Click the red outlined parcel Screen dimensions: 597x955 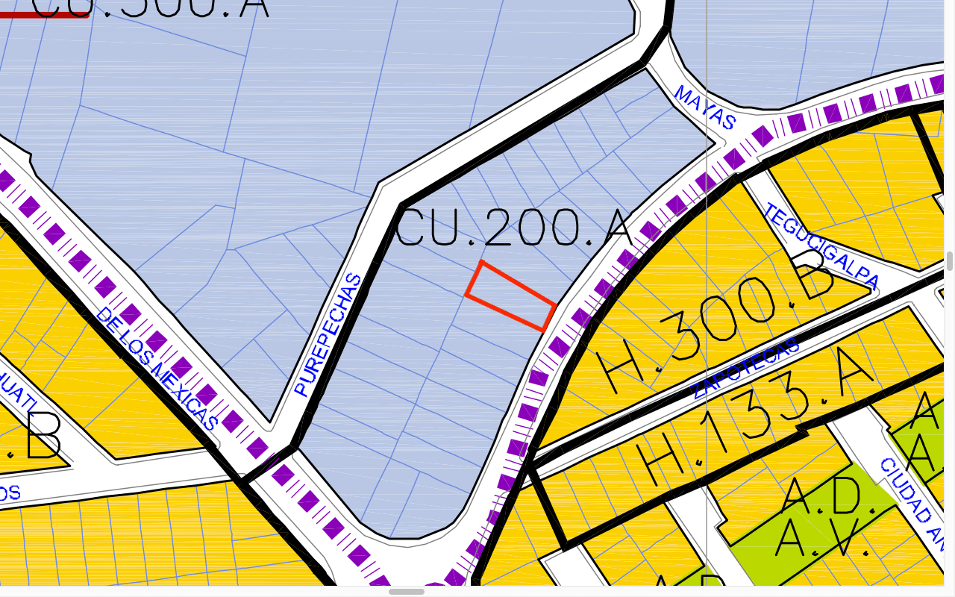click(510, 296)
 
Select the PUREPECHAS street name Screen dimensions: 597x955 click(328, 335)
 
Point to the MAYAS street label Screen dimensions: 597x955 click(705, 107)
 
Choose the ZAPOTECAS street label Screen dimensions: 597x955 click(745, 368)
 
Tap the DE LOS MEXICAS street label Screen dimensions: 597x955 click(156, 369)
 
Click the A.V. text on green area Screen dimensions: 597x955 click(821, 538)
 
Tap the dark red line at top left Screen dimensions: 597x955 click(45, 14)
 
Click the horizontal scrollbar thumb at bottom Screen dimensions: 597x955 click(407, 592)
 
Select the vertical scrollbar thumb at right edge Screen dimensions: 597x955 click(950, 261)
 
